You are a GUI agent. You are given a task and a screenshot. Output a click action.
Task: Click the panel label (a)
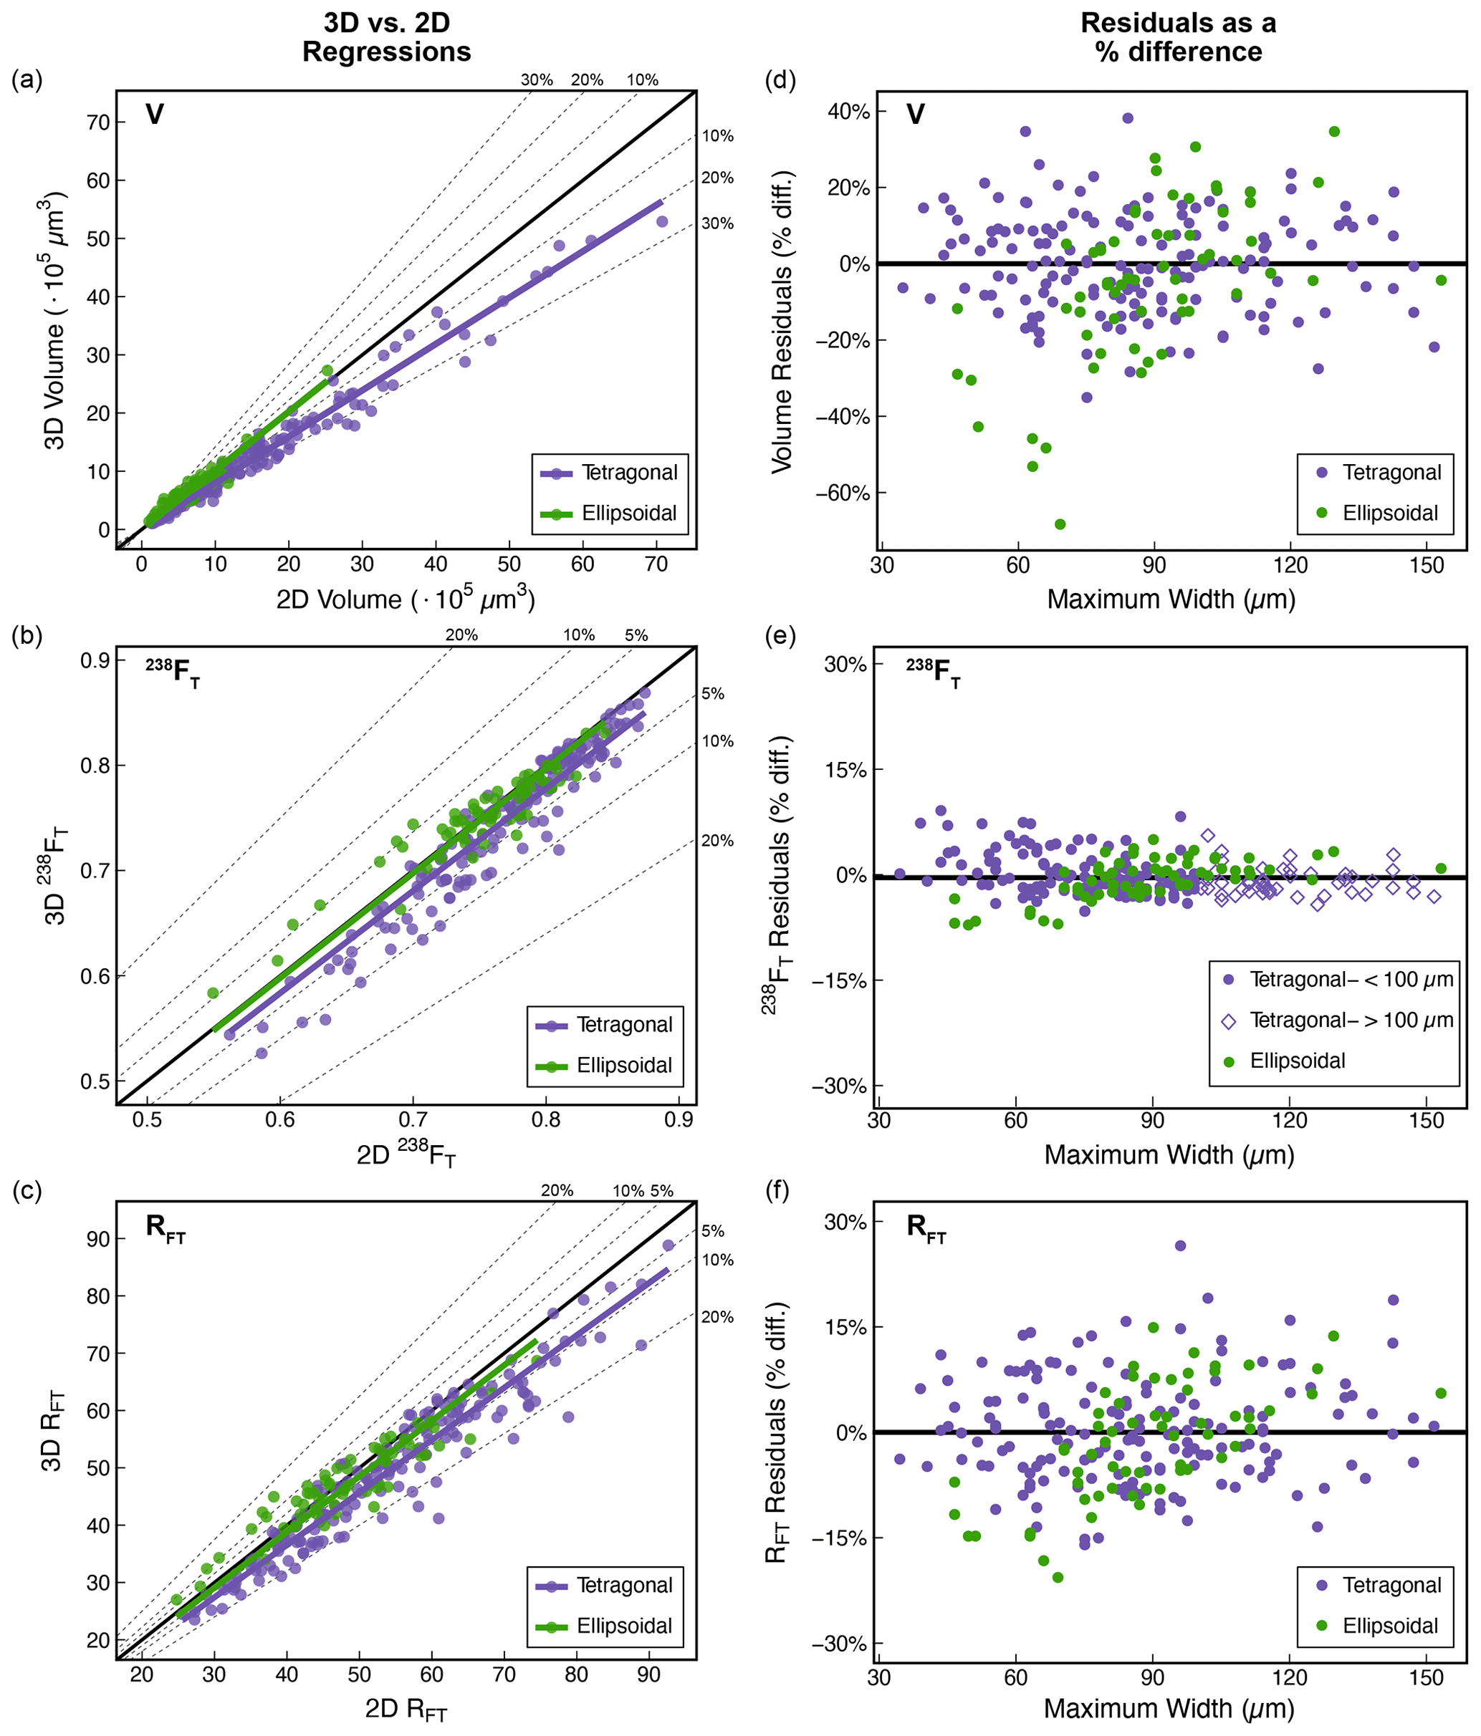click(x=27, y=80)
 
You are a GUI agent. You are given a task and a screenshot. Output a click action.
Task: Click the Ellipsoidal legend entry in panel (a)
click(x=608, y=513)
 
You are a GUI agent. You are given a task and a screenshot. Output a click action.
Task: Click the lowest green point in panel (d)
click(x=1060, y=524)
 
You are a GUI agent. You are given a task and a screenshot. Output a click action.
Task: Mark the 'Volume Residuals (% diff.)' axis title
click(x=782, y=322)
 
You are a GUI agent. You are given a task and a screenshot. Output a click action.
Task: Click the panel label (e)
click(x=781, y=636)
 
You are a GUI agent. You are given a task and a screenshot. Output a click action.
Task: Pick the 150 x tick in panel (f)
click(x=1427, y=1677)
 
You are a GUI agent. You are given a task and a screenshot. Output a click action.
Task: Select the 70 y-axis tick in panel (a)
click(x=97, y=122)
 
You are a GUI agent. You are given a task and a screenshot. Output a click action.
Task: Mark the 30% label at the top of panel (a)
click(x=537, y=80)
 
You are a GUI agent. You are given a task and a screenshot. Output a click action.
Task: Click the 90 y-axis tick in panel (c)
click(x=97, y=1238)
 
